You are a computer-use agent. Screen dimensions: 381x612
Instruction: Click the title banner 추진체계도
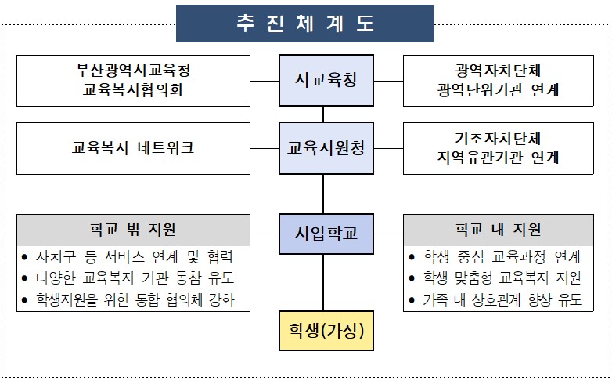305,23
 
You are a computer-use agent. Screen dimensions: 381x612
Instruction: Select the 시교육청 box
322,80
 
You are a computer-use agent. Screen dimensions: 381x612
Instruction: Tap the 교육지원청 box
322,147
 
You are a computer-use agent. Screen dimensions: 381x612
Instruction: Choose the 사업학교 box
322,232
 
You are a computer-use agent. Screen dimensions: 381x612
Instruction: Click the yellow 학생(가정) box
322,331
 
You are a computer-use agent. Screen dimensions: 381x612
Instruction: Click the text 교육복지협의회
133,90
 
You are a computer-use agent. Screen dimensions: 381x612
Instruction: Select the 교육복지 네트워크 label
133,147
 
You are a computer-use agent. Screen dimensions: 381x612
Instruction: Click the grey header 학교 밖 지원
133,230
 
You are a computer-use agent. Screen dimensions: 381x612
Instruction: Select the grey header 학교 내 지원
499,230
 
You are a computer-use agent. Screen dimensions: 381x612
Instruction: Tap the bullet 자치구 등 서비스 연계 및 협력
134,257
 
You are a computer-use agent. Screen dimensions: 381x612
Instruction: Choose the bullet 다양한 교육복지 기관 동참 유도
134,278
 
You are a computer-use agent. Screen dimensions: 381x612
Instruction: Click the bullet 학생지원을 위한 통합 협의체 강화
134,299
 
